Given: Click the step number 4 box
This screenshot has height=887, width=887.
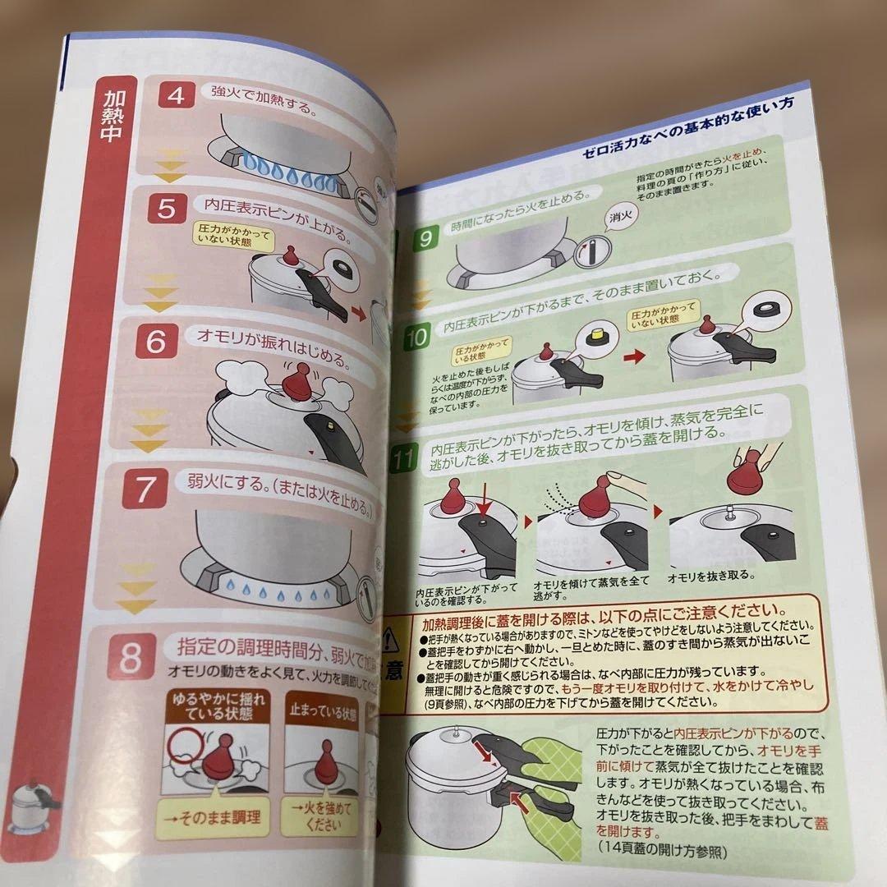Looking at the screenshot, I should click(176, 95).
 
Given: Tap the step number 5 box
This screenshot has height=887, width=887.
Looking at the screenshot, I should click(166, 210).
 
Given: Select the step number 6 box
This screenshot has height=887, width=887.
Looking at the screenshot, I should click(155, 342).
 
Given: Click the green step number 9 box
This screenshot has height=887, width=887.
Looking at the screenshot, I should click(425, 240).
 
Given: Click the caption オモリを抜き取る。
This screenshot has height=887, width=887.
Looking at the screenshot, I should click(710, 575).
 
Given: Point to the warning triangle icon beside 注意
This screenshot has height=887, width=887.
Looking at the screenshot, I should click(391, 638).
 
